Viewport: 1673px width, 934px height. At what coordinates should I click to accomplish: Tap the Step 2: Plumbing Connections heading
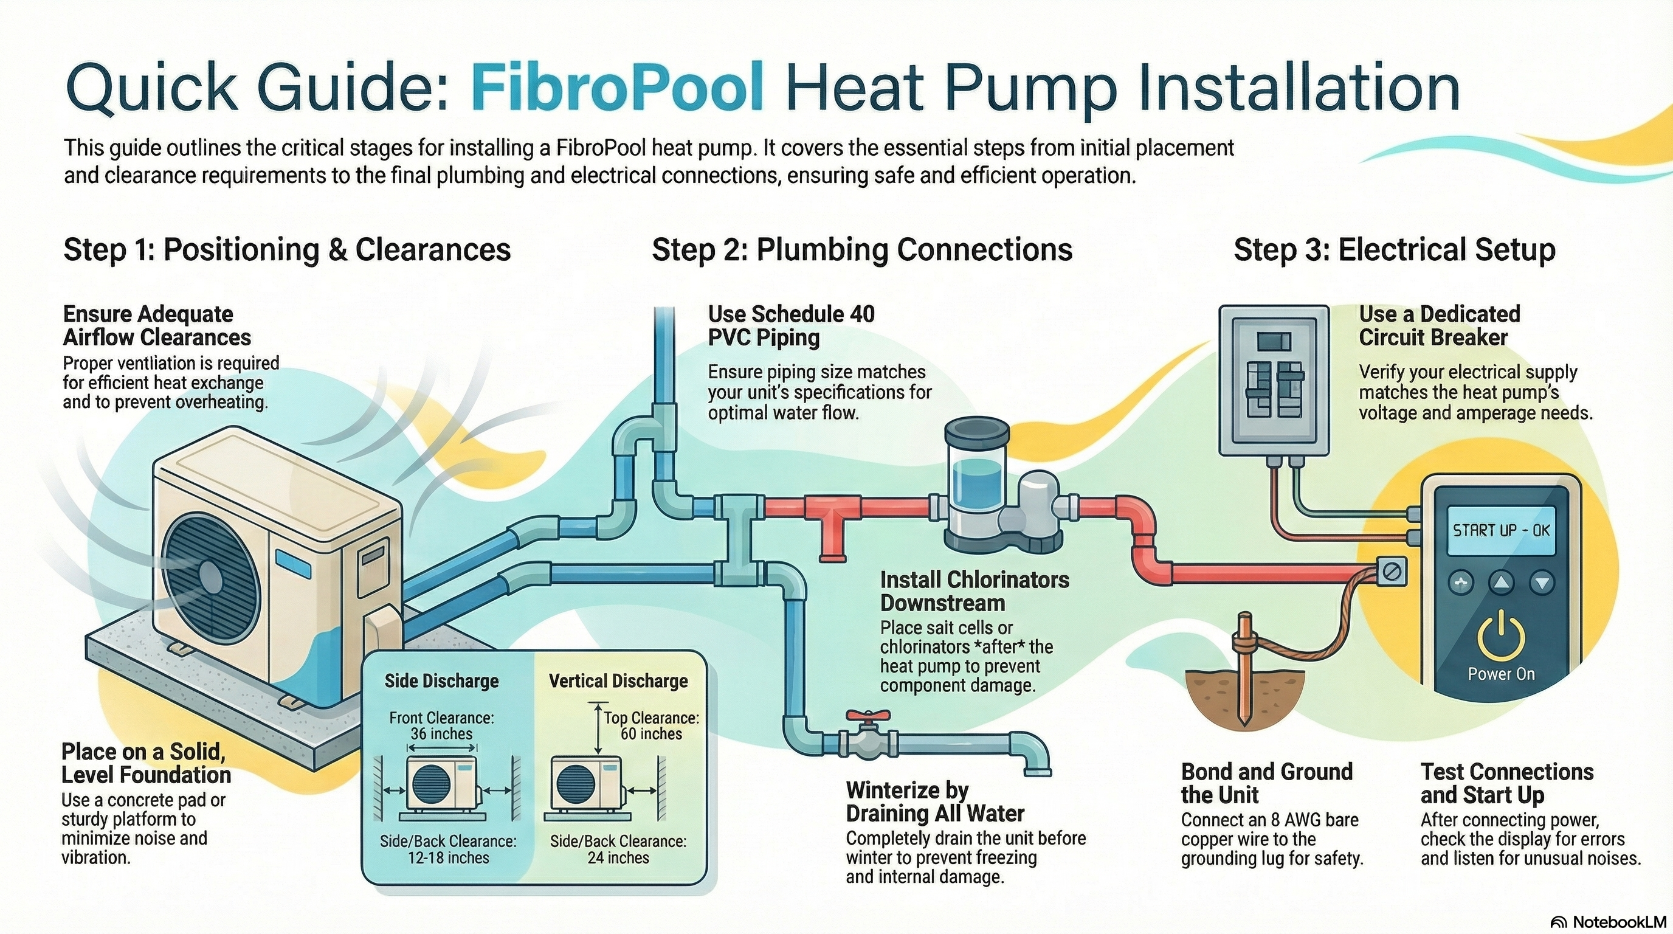(x=862, y=250)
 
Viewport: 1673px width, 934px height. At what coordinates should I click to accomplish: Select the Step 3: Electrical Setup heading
(x=1394, y=250)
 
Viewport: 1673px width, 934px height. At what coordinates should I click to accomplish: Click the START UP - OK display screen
(x=1501, y=530)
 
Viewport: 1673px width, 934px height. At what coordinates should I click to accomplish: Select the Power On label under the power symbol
(x=1501, y=674)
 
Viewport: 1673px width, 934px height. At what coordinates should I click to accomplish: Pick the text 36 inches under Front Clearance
(x=441, y=734)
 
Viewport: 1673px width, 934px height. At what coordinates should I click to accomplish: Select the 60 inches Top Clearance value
(x=652, y=734)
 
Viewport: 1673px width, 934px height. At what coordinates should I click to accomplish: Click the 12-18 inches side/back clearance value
(x=448, y=857)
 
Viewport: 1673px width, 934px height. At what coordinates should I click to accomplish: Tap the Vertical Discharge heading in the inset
(x=618, y=680)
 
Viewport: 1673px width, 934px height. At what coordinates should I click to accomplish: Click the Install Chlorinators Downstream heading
(x=974, y=591)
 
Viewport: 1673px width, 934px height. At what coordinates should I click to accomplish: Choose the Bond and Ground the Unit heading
(x=1266, y=783)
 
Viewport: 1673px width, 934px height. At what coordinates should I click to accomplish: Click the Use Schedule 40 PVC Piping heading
(x=791, y=325)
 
